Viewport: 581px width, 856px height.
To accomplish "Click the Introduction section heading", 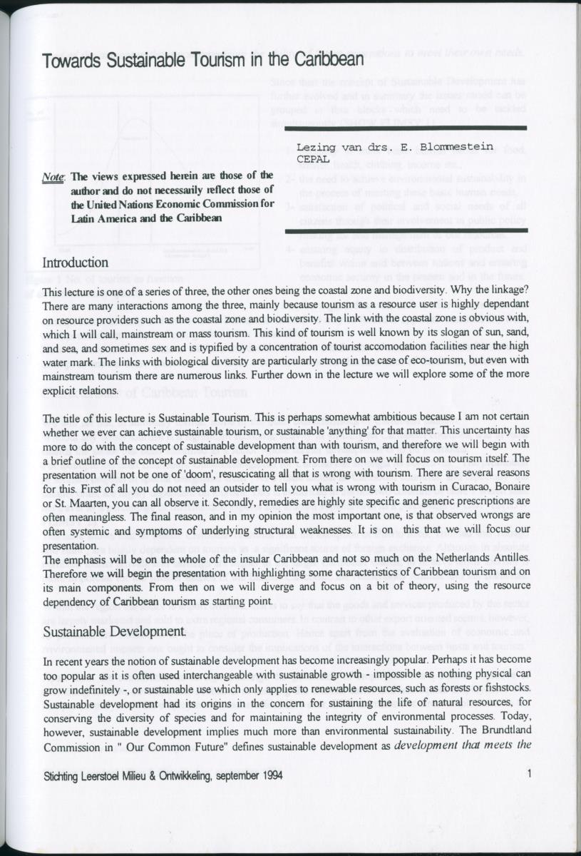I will point(76,263).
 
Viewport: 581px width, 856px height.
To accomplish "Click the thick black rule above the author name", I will point(406,128).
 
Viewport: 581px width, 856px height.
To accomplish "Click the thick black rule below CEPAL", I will point(406,230).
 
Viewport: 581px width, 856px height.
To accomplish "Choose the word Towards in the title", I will point(71,61).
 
